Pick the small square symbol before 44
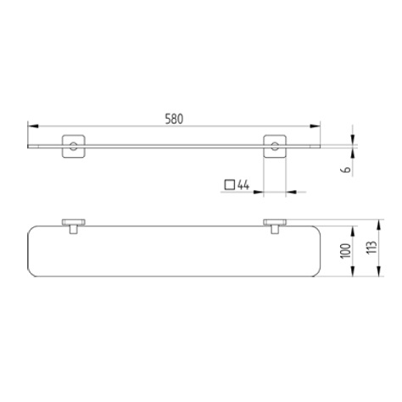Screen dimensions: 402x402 (x=230, y=183)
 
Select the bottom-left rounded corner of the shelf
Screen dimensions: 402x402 (x=36, y=274)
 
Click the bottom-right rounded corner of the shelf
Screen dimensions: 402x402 (x=314, y=274)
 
